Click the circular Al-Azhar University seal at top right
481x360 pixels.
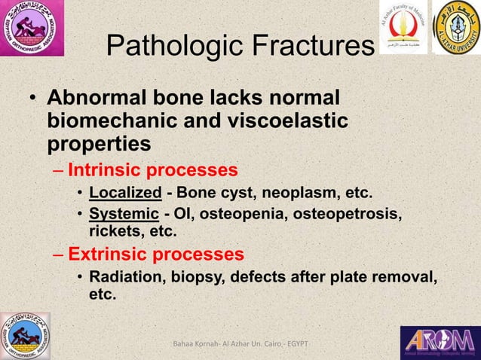pyautogui.click(x=456, y=28)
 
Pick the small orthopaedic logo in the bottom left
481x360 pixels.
pyautogui.click(x=25, y=335)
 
